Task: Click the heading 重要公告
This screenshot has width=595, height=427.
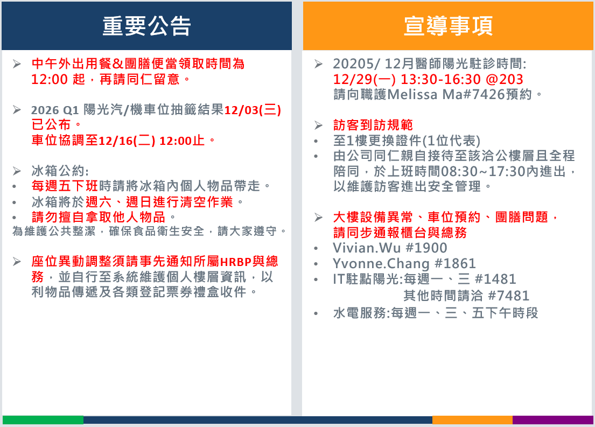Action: point(146,26)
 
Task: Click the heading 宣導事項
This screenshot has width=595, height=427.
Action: point(448,26)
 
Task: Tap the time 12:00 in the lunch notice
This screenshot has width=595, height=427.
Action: point(50,79)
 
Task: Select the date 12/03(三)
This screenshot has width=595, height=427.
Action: point(253,110)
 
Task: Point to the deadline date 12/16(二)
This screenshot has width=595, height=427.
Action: point(127,141)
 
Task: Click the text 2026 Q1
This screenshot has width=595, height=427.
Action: point(55,110)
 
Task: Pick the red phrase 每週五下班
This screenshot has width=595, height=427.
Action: point(65,186)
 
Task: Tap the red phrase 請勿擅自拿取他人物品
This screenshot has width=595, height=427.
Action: point(99,217)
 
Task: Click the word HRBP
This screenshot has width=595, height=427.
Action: point(236,262)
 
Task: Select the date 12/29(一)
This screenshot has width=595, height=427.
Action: point(365,79)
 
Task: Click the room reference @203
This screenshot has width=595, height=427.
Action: point(505,79)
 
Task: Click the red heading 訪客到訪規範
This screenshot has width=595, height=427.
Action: point(373,125)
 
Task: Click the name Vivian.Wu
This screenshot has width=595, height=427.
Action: point(367,248)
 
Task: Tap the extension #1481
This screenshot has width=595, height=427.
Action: point(495,279)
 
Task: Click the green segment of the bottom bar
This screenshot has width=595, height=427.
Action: point(43,420)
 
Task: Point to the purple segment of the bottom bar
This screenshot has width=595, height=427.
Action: point(553,420)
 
